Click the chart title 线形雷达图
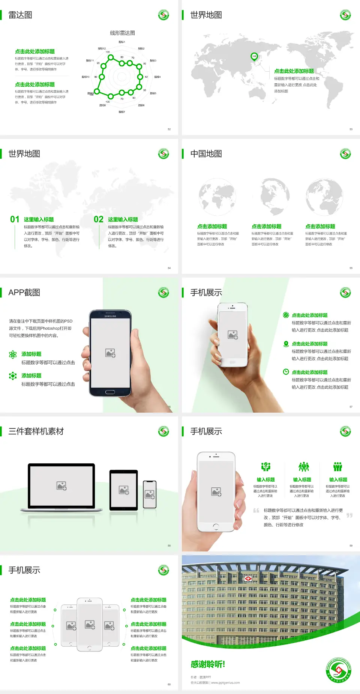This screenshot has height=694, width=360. click(x=122, y=33)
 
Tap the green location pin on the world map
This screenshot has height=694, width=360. click(x=254, y=57)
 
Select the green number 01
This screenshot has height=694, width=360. click(x=15, y=219)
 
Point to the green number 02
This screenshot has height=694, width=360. click(x=99, y=219)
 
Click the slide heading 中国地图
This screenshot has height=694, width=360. click(x=206, y=154)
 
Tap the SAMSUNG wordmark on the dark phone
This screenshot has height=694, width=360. click(x=110, y=316)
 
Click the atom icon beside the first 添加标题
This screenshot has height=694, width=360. click(x=13, y=355)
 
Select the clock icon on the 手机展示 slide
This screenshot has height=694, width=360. click(x=286, y=372)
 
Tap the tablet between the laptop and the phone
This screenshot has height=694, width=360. click(x=124, y=490)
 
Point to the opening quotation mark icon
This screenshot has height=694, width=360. click(x=256, y=511)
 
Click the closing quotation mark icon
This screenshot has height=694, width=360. click(x=349, y=515)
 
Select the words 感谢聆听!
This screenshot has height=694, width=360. click(x=208, y=664)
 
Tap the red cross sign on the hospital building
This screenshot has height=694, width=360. click(x=248, y=578)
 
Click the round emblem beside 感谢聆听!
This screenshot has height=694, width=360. click(x=338, y=670)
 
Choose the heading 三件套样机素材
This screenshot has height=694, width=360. click(x=36, y=431)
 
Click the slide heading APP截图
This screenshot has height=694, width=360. click(x=24, y=293)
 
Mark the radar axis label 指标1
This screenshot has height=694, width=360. click(x=122, y=42)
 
